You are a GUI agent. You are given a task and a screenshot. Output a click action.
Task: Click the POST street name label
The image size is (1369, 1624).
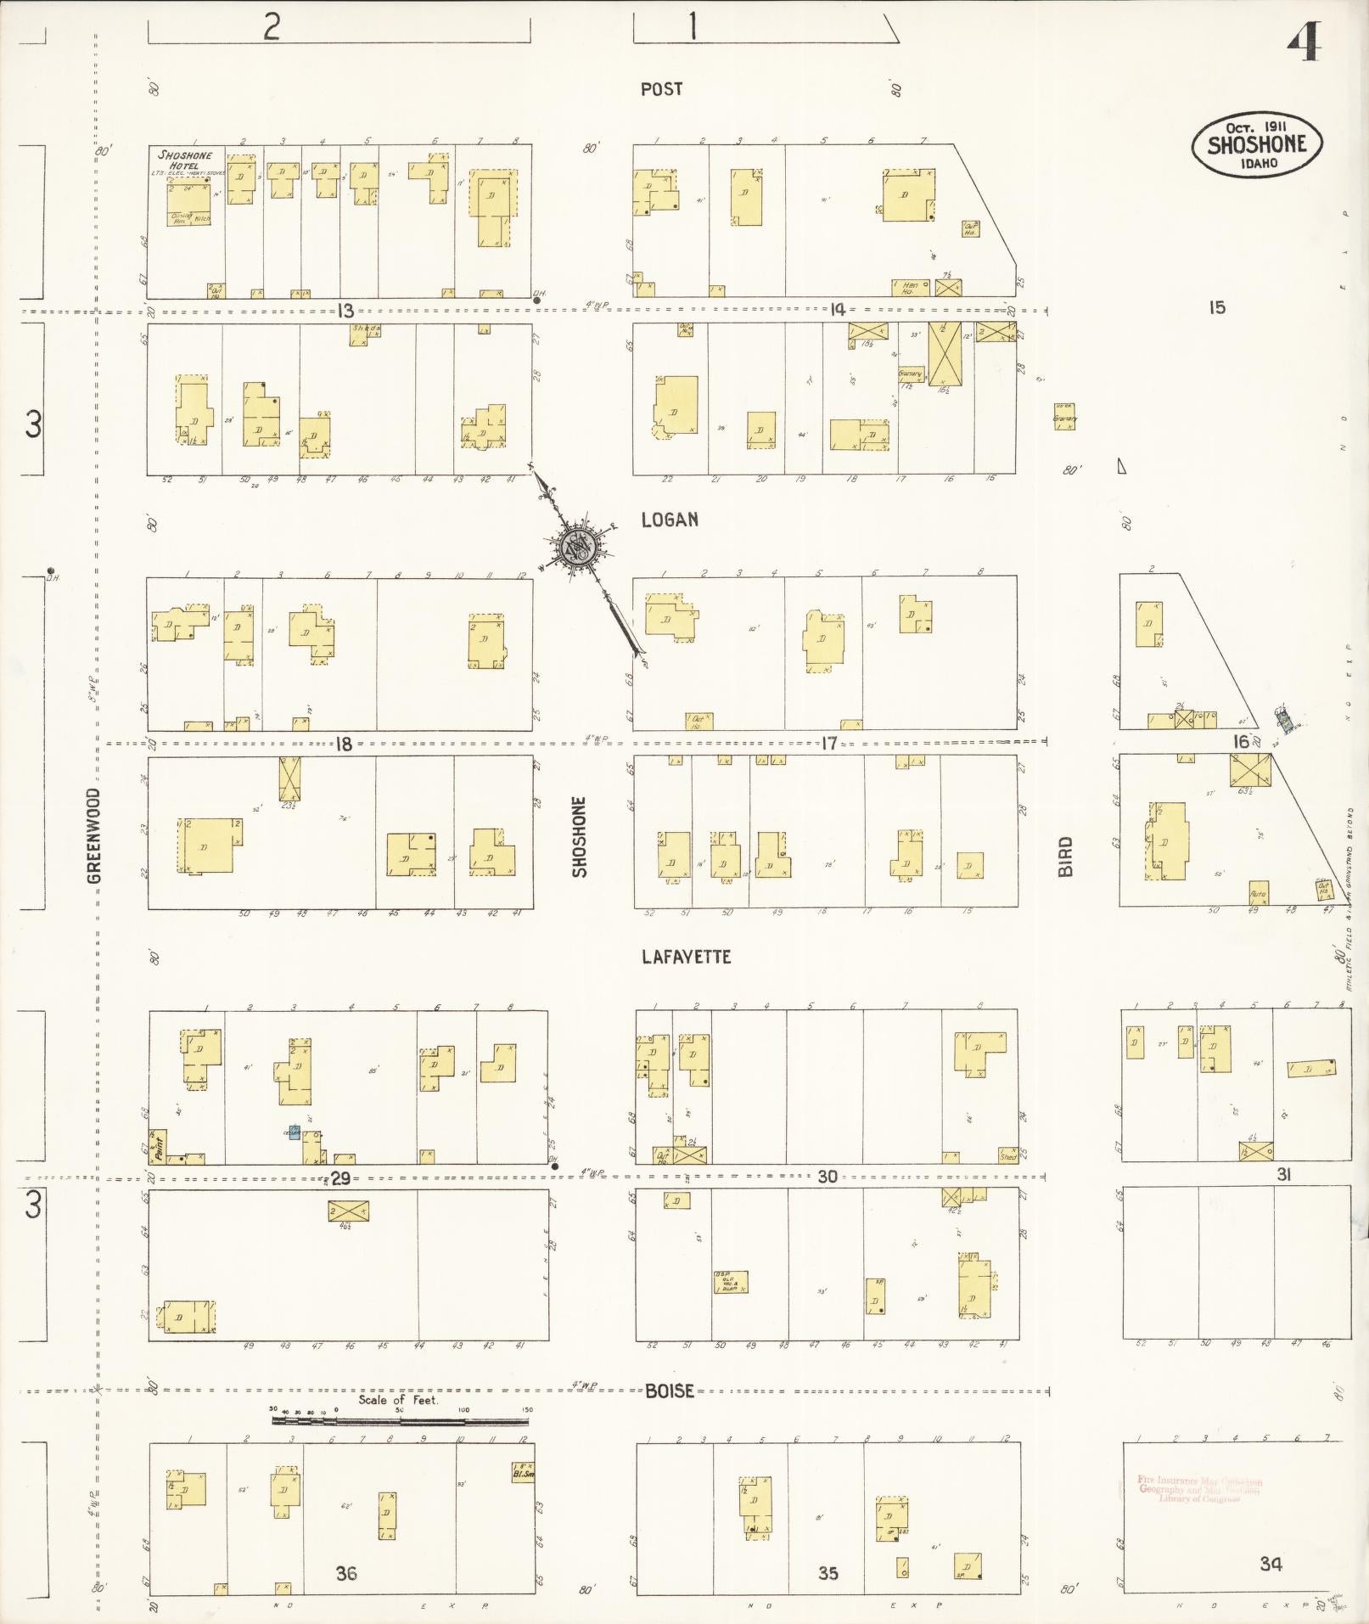(x=661, y=89)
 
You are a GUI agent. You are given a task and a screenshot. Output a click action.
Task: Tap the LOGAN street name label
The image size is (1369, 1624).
(x=670, y=520)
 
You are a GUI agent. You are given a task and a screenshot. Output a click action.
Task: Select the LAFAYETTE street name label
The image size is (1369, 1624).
(x=686, y=957)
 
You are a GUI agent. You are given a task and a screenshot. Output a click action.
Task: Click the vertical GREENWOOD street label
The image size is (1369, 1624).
(x=93, y=835)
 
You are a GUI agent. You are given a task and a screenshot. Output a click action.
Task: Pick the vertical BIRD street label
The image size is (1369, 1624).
(x=1065, y=856)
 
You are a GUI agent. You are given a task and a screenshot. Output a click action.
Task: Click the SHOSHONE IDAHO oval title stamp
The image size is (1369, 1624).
(x=1256, y=145)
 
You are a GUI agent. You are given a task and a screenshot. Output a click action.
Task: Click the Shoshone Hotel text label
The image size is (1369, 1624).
(x=184, y=160)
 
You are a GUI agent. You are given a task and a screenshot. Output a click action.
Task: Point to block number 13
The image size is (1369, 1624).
(x=345, y=311)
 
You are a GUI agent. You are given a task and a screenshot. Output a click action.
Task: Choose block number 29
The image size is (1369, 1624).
(x=340, y=1178)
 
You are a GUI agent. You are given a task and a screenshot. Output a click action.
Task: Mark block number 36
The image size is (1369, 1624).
(x=345, y=1573)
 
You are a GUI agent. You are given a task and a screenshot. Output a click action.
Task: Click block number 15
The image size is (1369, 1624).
(x=1217, y=307)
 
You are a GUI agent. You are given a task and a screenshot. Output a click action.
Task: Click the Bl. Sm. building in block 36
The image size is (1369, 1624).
(x=522, y=1471)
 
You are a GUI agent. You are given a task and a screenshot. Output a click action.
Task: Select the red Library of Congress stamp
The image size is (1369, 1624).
(x=1198, y=1490)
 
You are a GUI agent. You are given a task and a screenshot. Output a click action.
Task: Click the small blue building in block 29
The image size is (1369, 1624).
(x=295, y=1132)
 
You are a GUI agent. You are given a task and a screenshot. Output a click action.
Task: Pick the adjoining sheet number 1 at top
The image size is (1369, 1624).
(x=693, y=28)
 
